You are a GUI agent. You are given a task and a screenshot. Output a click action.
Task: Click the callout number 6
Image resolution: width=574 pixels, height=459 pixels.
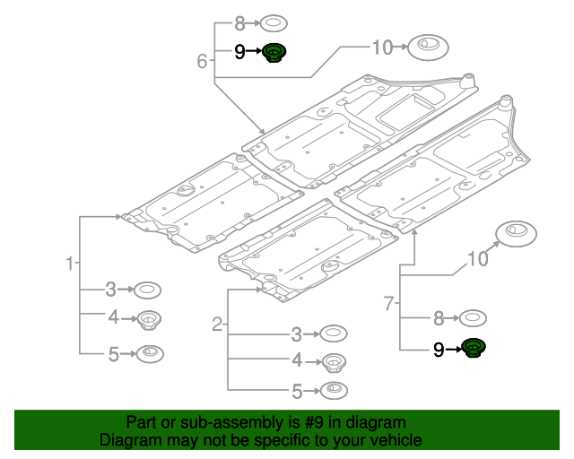click(202, 61)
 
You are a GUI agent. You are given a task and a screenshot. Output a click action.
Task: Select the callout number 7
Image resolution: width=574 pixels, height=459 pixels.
click(389, 304)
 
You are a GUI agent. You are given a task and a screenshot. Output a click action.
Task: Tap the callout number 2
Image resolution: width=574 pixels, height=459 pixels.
click(217, 324)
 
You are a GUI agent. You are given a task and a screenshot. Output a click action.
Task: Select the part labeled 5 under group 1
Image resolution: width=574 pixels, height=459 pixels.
click(149, 353)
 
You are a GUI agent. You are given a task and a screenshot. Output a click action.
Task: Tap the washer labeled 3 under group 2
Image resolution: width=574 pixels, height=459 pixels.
click(333, 334)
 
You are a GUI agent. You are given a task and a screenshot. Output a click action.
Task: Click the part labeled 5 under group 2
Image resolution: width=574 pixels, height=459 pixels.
click(334, 390)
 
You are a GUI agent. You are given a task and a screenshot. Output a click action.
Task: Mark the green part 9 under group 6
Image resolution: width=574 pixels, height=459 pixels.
click(275, 53)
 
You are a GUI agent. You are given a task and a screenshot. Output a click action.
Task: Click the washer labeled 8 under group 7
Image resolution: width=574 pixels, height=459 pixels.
click(473, 317)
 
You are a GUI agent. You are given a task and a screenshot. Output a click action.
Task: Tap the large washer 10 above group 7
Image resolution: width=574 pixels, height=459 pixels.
click(516, 233)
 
